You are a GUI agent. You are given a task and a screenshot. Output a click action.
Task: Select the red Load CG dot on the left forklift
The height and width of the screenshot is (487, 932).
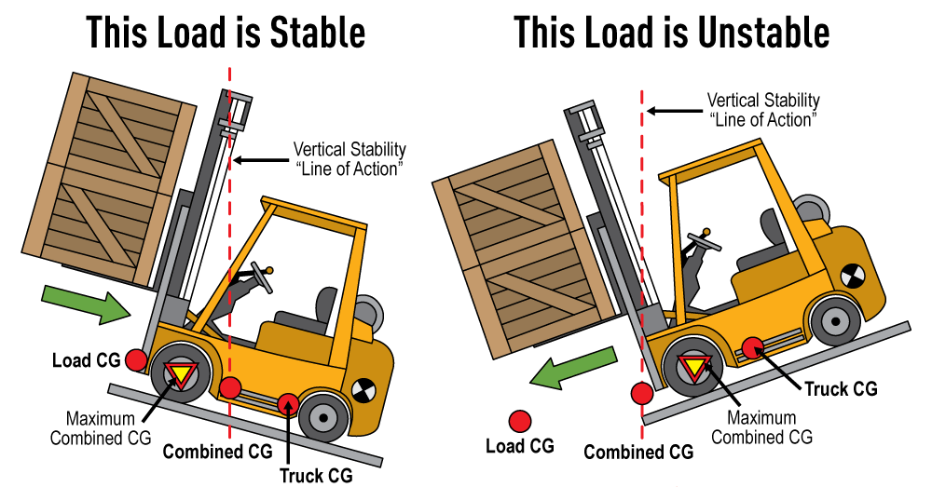tap(137, 358)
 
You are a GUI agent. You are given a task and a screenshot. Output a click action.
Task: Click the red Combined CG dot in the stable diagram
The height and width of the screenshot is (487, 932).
tap(230, 387)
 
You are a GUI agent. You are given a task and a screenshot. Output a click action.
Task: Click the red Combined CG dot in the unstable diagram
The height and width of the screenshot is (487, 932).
tap(640, 395)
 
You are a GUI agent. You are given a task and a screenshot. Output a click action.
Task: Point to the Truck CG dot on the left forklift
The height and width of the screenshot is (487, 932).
tap(289, 402)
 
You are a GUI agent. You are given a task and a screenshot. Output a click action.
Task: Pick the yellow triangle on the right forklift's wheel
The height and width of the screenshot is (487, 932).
tap(694, 365)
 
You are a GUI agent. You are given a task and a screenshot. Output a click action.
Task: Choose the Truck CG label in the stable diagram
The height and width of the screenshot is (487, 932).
tap(316, 475)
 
